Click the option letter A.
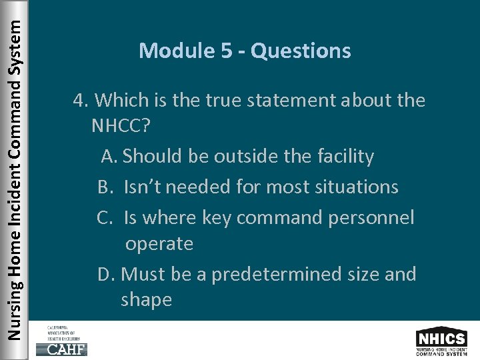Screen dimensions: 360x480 point(109,157)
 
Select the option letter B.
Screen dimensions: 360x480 point(106,187)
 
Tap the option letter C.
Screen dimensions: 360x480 point(106,217)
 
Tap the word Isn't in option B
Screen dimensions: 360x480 point(143,187)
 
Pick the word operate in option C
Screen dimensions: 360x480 point(159,244)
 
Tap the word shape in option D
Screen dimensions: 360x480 point(147,300)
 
